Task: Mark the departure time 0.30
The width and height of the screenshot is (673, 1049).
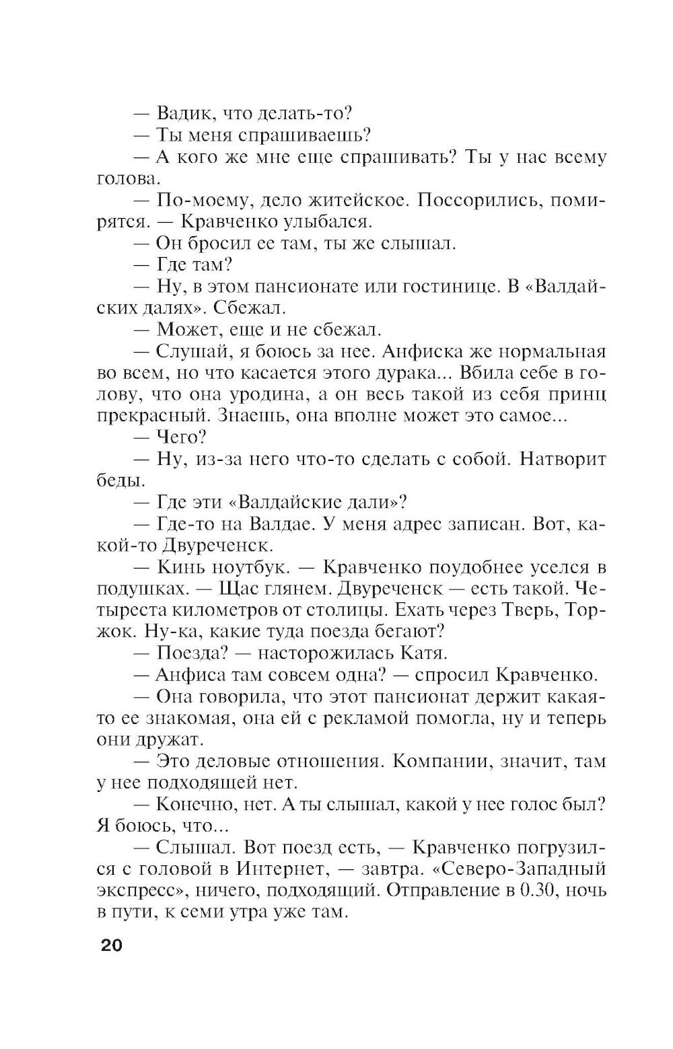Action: [x=541, y=890]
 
